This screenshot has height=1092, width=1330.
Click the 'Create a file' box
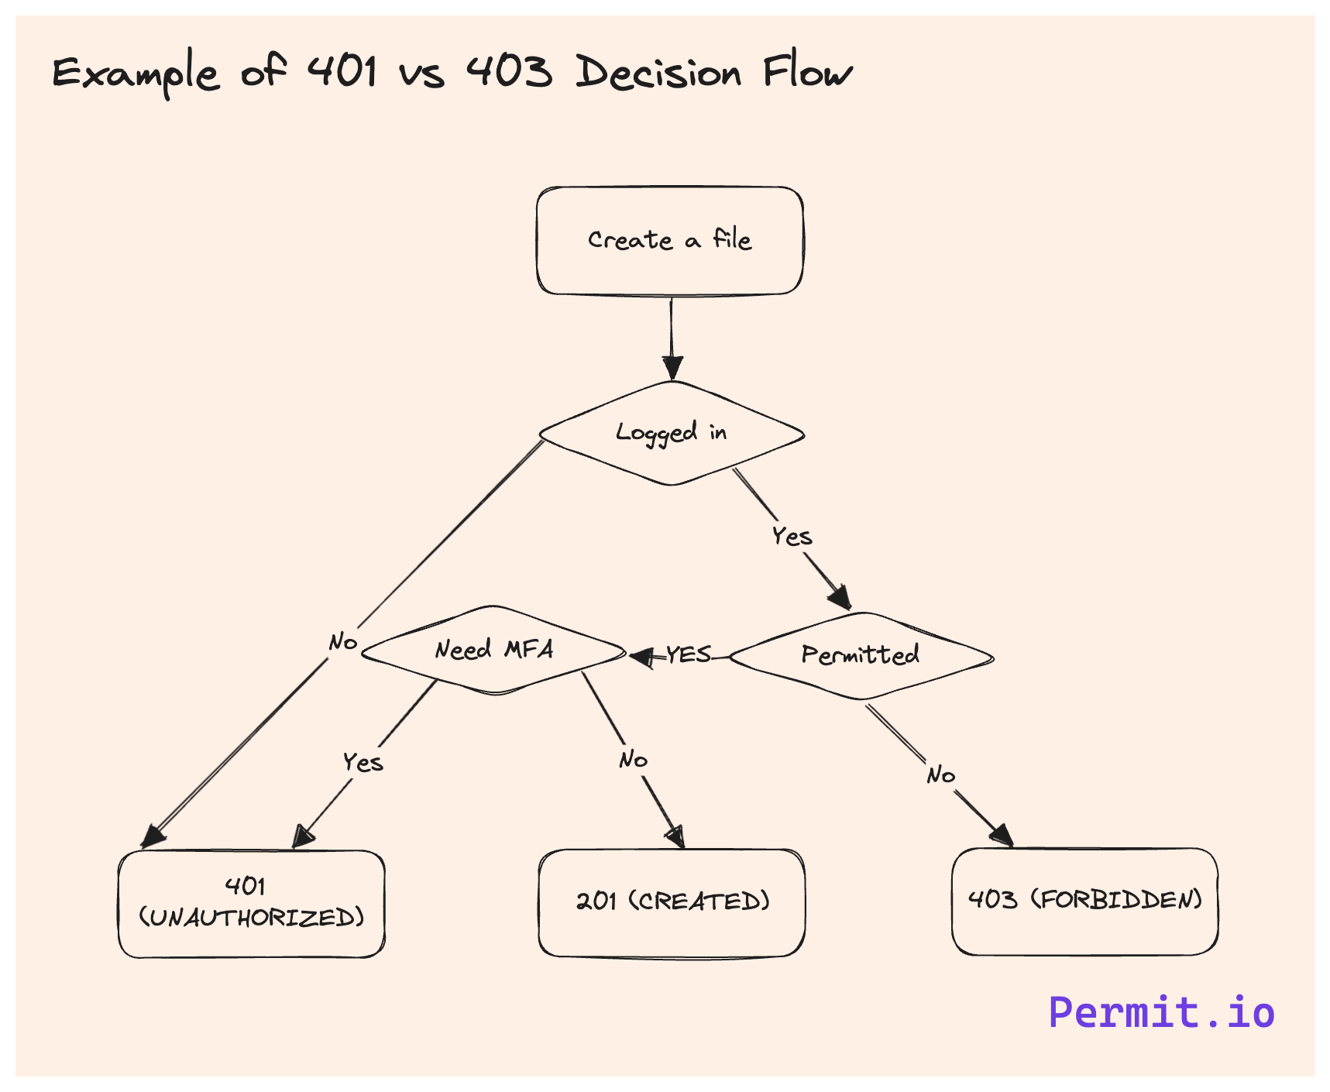(x=670, y=241)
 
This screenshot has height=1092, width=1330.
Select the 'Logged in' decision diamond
(x=672, y=433)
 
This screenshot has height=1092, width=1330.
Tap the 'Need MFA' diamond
(x=493, y=650)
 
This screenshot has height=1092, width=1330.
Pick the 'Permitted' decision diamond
(x=861, y=656)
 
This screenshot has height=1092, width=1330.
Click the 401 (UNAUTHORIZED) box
(x=251, y=904)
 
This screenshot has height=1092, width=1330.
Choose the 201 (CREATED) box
(x=672, y=902)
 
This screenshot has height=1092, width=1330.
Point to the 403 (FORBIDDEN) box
(x=1084, y=901)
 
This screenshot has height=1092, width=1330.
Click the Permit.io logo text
(x=1161, y=1012)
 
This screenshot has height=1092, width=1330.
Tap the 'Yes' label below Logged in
(x=792, y=536)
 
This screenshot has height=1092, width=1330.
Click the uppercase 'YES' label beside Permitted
(x=688, y=654)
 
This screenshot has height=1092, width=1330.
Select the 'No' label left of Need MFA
(x=342, y=641)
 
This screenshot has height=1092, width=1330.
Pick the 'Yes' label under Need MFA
(x=363, y=762)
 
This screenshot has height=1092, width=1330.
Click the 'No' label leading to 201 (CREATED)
(x=633, y=760)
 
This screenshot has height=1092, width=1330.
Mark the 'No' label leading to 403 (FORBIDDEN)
(x=940, y=774)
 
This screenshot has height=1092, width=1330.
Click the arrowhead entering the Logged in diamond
(x=672, y=367)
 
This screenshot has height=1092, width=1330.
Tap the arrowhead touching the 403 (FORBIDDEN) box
(x=1002, y=836)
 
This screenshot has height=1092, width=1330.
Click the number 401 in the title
(x=342, y=71)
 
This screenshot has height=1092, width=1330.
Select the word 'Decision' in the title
(x=658, y=73)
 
